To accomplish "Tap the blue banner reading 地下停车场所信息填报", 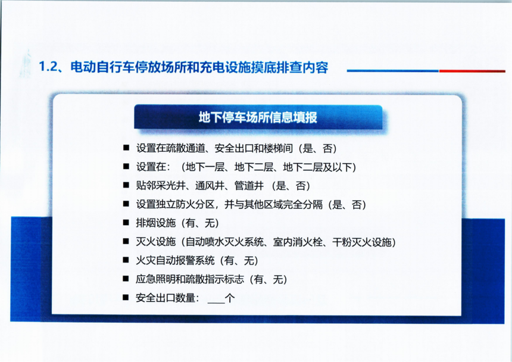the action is pyautogui.click(x=258, y=117).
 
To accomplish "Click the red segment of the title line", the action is pyautogui.click(x=472, y=71).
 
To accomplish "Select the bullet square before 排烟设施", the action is pyautogui.click(x=126, y=223).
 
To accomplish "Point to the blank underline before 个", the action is pyautogui.click(x=216, y=302).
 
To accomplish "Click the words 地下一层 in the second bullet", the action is pyautogui.click(x=205, y=167).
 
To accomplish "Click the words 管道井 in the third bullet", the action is pyautogui.click(x=249, y=186).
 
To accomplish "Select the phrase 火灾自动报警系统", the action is pyautogui.click(x=175, y=260).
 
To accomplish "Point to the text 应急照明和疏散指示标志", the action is pyautogui.click(x=190, y=279).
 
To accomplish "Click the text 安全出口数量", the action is pyautogui.click(x=166, y=298).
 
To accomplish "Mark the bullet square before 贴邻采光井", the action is pyautogui.click(x=126, y=185).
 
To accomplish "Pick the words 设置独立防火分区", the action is pyautogui.click(x=175, y=204).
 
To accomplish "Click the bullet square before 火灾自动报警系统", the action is pyautogui.click(x=126, y=260).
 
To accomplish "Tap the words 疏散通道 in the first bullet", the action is pyautogui.click(x=185, y=148).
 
